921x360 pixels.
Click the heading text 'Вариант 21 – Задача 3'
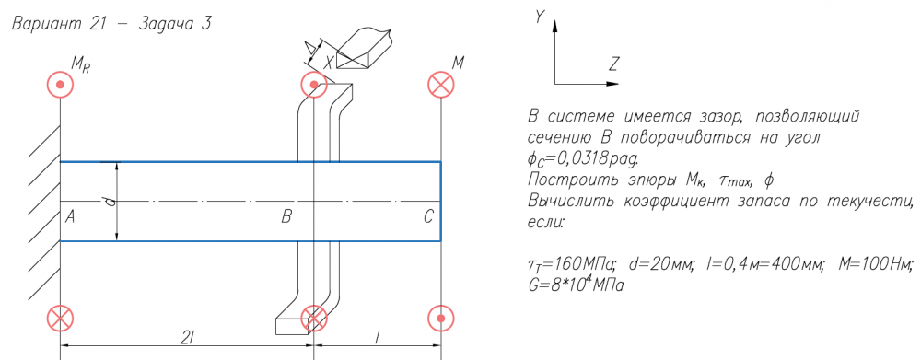111,25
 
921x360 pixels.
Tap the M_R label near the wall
80,65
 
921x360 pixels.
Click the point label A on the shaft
70,217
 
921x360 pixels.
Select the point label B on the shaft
286,217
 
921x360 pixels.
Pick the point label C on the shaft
428,217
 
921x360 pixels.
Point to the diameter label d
111,202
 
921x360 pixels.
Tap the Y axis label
539,17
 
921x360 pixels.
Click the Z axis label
613,64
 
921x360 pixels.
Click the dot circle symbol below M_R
60,85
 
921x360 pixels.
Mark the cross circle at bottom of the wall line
60,319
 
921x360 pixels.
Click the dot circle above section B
314,85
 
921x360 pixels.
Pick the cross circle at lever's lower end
314,319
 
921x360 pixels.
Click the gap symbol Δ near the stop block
311,52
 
